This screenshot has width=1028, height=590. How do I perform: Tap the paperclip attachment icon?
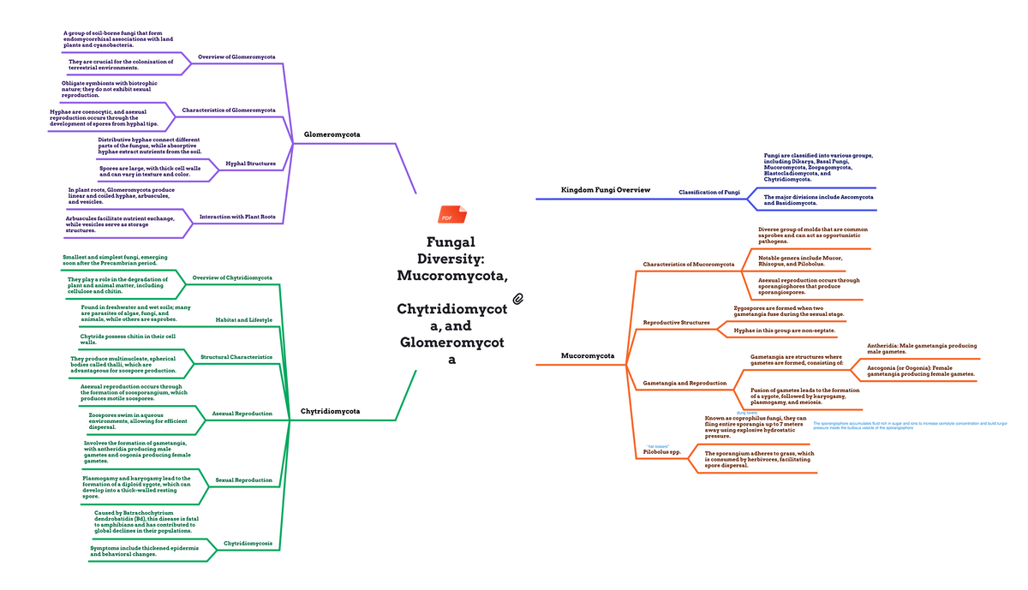tap(517, 298)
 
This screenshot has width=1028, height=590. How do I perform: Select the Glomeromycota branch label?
tap(332, 135)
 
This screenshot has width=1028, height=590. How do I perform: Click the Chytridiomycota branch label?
tap(330, 412)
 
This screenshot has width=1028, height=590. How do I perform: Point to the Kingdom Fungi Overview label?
tap(605, 190)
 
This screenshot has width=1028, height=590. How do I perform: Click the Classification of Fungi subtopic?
tap(708, 193)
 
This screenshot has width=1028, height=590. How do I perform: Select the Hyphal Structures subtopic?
tap(250, 163)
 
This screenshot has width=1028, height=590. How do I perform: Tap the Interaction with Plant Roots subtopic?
tap(237, 218)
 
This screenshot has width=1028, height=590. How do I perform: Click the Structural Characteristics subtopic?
tap(236, 357)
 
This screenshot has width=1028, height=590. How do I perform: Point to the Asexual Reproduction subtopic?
tap(242, 414)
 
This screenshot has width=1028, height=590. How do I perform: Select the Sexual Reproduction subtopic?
tap(244, 480)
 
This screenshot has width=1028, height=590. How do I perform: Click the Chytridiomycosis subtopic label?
tap(248, 544)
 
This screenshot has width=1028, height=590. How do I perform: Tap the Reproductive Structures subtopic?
tap(676, 323)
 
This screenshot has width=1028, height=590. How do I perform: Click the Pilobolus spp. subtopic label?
tap(662, 451)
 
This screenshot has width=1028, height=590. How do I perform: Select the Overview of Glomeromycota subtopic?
tap(236, 57)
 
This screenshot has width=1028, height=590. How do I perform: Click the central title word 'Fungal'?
tap(451, 242)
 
